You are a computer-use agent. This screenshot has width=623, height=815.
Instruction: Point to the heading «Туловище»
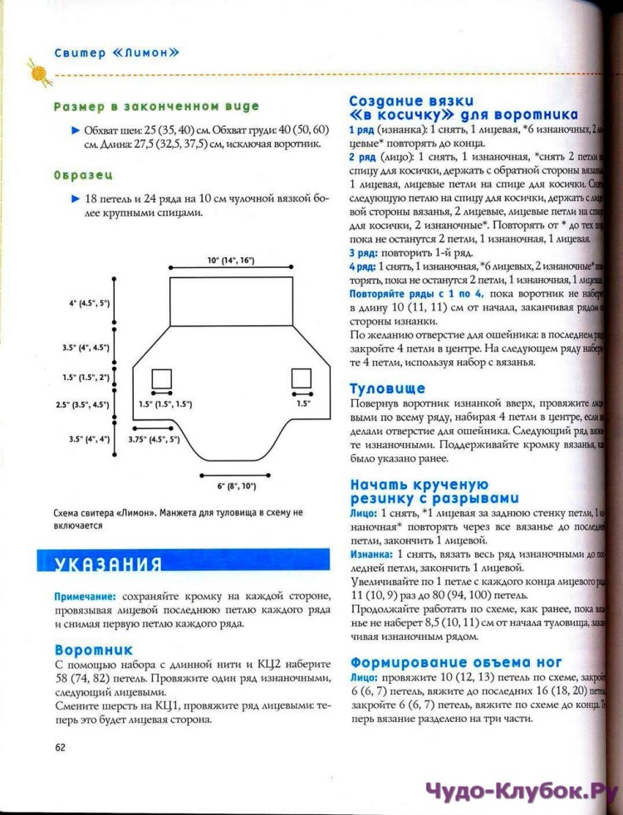[387, 388]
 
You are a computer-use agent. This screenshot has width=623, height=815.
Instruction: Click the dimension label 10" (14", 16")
[230, 261]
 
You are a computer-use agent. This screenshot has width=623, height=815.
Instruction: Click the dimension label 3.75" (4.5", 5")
[155, 439]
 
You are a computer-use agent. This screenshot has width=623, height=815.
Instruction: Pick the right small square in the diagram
[301, 378]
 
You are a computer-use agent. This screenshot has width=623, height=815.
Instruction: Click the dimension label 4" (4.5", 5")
[89, 304]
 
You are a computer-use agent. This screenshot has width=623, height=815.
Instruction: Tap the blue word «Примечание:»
[85, 597]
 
